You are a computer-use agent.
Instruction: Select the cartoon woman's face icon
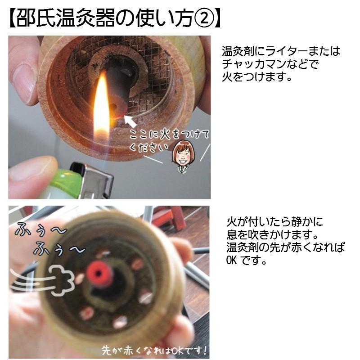pos(182,155)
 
